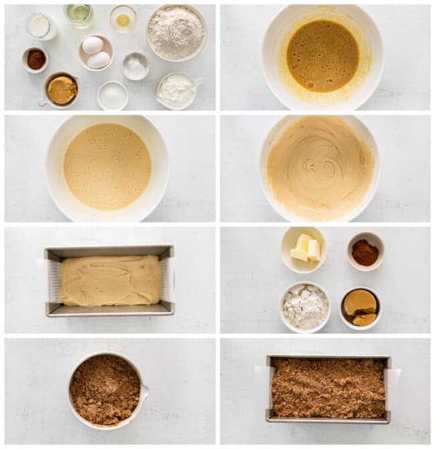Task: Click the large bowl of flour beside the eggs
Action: pyautogui.click(x=176, y=31)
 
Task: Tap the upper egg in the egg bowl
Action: pyautogui.click(x=92, y=45)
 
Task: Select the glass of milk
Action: pyautogui.click(x=41, y=26)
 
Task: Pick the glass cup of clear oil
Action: pyautogui.click(x=79, y=14)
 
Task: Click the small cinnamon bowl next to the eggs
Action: pyautogui.click(x=35, y=59)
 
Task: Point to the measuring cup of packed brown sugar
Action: pyautogui.click(x=62, y=90)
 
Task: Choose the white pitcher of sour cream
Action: pyautogui.click(x=177, y=91)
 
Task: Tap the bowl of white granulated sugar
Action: pyautogui.click(x=112, y=96)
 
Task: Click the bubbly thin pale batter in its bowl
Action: pyautogui.click(x=107, y=166)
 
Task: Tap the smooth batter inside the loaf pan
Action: pyautogui.click(x=110, y=280)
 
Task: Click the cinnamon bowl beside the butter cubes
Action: pyautogui.click(x=365, y=252)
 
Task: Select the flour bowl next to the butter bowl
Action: pyautogui.click(x=304, y=307)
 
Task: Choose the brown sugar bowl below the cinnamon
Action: pyautogui.click(x=360, y=308)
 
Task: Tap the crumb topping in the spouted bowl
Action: pyautogui.click(x=105, y=389)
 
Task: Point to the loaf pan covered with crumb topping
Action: pyautogui.click(x=328, y=388)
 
